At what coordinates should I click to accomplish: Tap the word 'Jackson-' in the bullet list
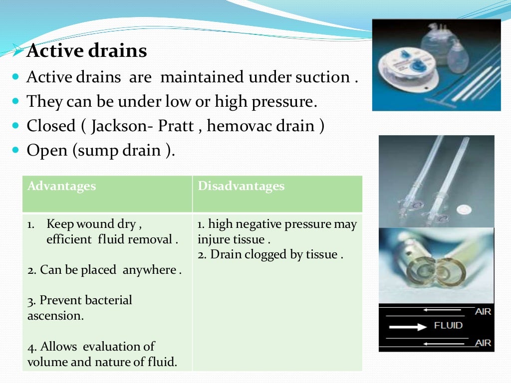pyautogui.click(x=122, y=126)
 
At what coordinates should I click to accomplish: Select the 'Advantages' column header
pyautogui.click(x=61, y=187)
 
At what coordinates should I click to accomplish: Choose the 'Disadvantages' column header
pyautogui.click(x=241, y=187)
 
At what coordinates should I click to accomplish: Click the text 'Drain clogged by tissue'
pyautogui.click(x=270, y=254)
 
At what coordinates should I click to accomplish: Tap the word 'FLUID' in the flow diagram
pyautogui.click(x=448, y=326)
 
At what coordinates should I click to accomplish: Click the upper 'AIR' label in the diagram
pyautogui.click(x=483, y=312)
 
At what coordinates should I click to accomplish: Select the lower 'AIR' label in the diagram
pyautogui.click(x=483, y=343)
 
